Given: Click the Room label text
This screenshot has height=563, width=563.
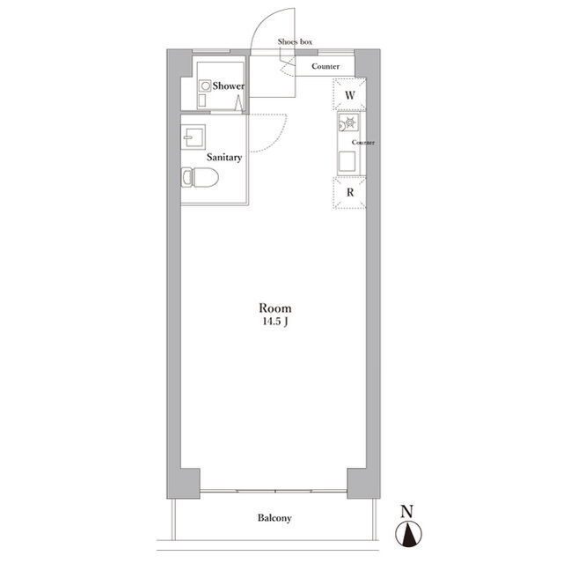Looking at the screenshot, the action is (275, 308).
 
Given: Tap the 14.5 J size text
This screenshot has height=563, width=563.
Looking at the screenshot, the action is (275, 322).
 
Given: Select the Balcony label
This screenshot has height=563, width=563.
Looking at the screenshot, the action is (274, 518).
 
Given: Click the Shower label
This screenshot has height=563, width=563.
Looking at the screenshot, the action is (229, 85).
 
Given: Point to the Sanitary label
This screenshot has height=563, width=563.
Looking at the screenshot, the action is (224, 158).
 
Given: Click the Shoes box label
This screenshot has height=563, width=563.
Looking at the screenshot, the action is (295, 41).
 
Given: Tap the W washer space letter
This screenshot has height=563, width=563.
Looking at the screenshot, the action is (350, 95).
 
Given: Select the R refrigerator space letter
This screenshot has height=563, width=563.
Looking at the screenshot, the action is (350, 193).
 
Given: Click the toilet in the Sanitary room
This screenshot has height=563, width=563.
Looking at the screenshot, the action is (200, 177).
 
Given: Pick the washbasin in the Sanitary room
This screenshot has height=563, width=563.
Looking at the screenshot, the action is (194, 137).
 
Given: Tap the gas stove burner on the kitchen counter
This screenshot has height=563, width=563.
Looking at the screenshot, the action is (349, 122).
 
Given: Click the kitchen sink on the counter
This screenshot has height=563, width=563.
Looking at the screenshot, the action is (347, 160).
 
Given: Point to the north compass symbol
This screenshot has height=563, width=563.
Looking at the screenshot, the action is (408, 534).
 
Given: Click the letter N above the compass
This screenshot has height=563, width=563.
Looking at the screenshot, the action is (406, 512).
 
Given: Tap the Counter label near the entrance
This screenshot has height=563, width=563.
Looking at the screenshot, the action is (325, 66).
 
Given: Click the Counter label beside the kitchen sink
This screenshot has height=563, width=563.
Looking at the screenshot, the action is (363, 143).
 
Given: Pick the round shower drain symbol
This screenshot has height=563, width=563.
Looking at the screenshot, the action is (206, 86).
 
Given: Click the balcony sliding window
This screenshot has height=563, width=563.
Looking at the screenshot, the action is (274, 491).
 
